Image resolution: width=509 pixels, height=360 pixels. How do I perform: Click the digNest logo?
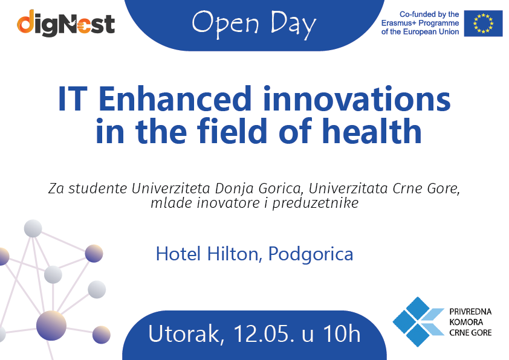[x=66, y=23]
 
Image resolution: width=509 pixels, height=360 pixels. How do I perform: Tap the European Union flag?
[x=483, y=24]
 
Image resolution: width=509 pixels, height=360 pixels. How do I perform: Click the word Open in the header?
[x=225, y=24]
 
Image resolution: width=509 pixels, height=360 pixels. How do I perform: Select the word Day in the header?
[x=293, y=24]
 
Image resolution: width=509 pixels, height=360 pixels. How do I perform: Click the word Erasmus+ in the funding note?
[x=398, y=23]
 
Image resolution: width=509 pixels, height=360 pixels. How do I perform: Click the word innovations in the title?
[x=357, y=98]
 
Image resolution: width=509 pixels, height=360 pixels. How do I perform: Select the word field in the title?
[x=232, y=130]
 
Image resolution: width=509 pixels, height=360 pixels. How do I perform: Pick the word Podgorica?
[x=311, y=254]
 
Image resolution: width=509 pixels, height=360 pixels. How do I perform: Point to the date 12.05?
[x=264, y=333]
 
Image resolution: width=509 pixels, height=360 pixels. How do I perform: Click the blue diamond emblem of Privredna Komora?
[x=418, y=321]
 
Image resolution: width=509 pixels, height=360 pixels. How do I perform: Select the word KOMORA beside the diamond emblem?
[x=466, y=322]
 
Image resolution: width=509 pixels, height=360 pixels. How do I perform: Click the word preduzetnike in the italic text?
[x=315, y=204]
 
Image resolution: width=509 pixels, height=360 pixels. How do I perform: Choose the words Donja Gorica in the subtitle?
[x=258, y=188]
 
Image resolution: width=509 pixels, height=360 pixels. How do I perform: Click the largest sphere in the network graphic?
[x=51, y=326]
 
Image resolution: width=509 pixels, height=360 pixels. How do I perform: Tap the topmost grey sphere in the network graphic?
[x=33, y=228]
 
